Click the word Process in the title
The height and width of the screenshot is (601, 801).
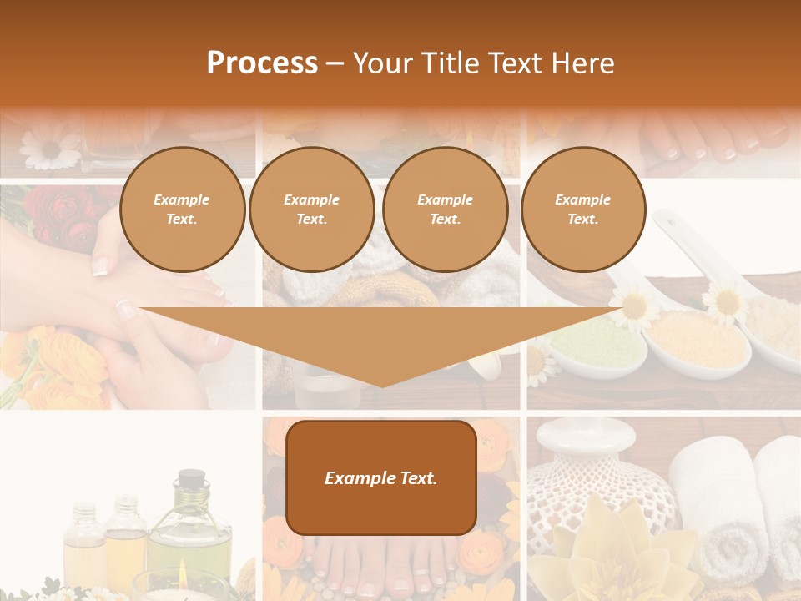[x=262, y=63]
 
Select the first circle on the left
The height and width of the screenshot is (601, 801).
[x=182, y=209]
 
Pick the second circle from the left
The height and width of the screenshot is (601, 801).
[x=312, y=209]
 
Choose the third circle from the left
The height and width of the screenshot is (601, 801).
[x=445, y=209]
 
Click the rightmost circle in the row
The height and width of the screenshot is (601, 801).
[x=583, y=209]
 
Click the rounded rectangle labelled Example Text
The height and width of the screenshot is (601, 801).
[x=381, y=477]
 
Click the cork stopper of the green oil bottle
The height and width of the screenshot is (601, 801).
[x=191, y=478]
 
